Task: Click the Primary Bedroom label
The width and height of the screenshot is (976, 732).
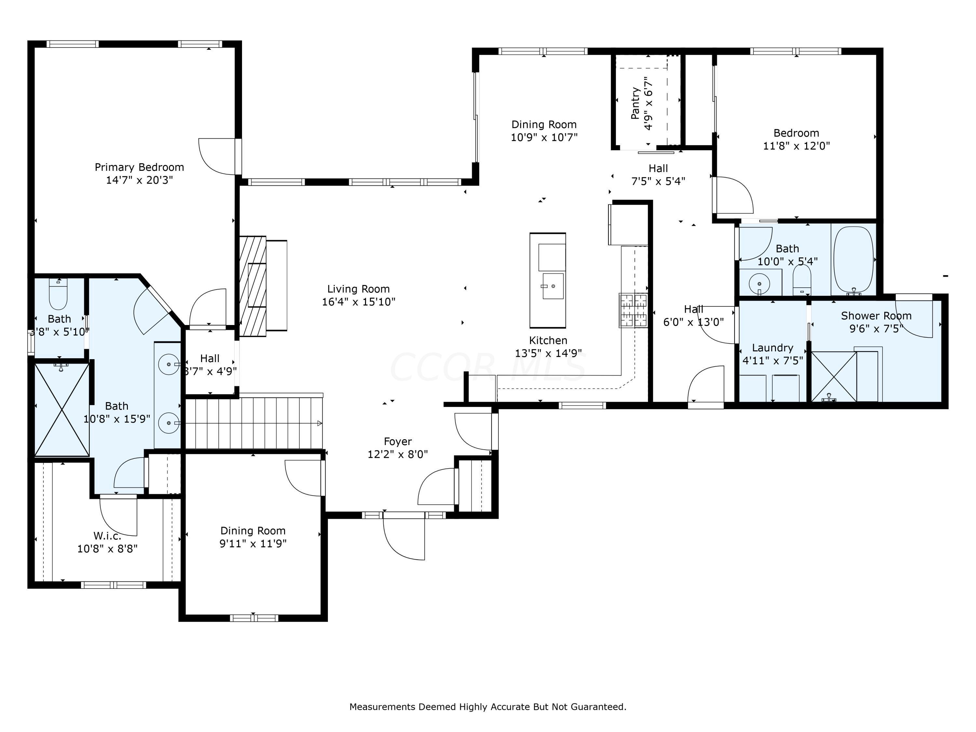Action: point(140,167)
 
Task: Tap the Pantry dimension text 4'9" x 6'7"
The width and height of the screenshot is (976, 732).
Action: point(648,104)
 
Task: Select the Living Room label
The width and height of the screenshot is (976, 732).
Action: point(358,289)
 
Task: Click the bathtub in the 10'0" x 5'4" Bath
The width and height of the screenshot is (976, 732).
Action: point(853,260)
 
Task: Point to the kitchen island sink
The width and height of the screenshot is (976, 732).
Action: point(553,286)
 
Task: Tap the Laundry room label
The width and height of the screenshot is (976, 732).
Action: point(773,348)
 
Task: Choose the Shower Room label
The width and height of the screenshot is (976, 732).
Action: point(876,316)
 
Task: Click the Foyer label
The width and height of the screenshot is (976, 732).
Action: point(398,441)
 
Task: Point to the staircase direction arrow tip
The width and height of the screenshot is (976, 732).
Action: point(322,424)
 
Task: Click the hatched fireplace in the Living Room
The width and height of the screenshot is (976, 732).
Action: point(253,286)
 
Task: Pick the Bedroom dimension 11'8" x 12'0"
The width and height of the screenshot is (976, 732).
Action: point(796,146)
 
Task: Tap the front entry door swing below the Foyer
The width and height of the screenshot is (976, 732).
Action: point(404,537)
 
